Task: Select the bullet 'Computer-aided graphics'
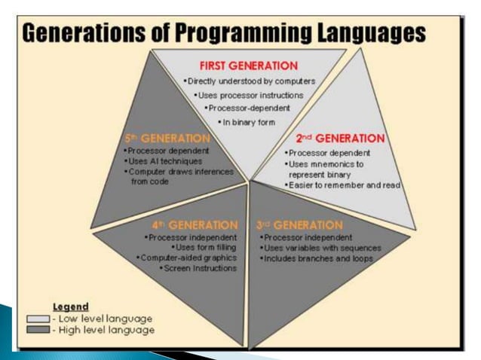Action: (x=188, y=257)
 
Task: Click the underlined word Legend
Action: (x=70, y=307)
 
